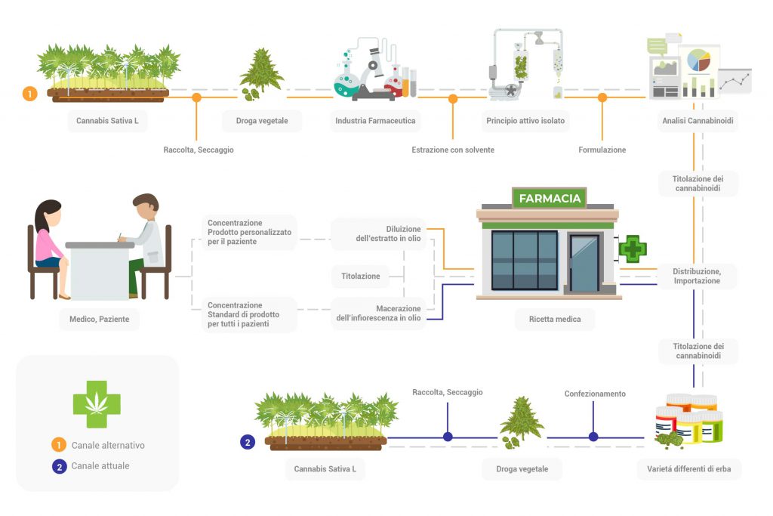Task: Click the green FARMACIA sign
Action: pos(549,198)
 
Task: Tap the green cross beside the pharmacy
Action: pos(633,249)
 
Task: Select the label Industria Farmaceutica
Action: pos(374,121)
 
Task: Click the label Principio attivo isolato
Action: pos(525,121)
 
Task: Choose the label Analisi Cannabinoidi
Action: pos(697,121)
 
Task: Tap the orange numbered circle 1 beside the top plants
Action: pos(29,94)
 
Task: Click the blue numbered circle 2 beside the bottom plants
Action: pos(247,442)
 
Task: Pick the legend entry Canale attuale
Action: pos(100,465)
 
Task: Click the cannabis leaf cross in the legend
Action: pos(97,403)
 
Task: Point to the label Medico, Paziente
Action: pos(94,319)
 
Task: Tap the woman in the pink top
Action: pos(50,238)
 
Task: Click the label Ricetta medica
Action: pos(549,319)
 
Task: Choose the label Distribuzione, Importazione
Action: pos(696,276)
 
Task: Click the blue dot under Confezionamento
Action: pos(593,437)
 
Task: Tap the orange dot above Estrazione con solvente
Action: pos(453,98)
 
